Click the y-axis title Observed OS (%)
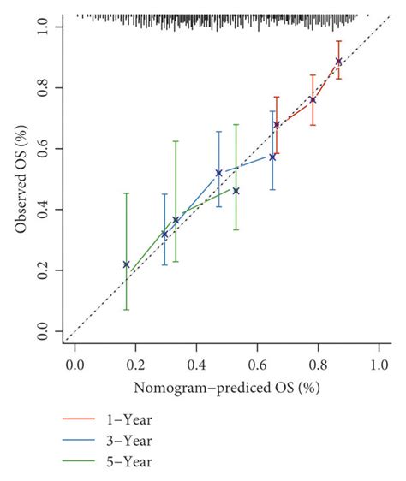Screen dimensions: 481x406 coord(21,179)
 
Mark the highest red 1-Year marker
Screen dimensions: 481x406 coord(338,62)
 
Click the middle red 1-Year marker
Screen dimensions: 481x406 coord(313,99)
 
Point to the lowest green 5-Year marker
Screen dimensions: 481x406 coord(126,264)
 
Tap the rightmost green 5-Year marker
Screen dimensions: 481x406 coord(236,191)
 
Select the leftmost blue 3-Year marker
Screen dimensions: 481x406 coord(164,234)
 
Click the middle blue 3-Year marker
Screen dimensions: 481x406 coord(218,173)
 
